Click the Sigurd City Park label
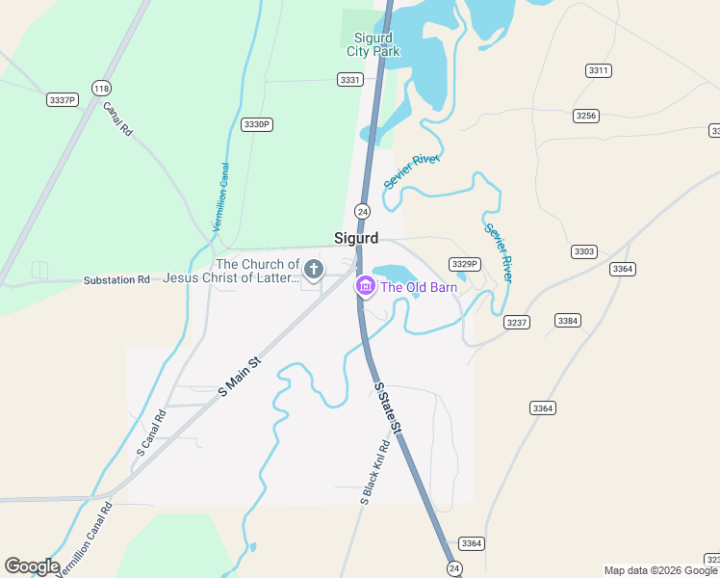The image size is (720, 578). [x=373, y=44]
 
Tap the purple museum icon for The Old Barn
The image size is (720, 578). [x=365, y=286]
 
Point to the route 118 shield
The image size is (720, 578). [x=101, y=88]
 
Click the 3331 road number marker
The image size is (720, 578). [x=350, y=80]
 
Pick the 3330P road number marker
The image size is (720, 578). [x=257, y=124]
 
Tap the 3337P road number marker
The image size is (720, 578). [x=62, y=99]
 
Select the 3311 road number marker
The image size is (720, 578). [x=598, y=70]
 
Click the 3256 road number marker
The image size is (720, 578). [x=585, y=116]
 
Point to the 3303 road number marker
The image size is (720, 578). [x=583, y=251]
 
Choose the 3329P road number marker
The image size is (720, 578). [x=464, y=264]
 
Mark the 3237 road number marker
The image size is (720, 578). [x=517, y=322]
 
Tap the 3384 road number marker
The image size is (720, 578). [x=568, y=320]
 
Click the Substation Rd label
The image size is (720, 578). [x=116, y=279]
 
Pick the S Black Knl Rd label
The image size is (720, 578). [x=374, y=473]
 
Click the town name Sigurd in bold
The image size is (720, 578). [x=356, y=238]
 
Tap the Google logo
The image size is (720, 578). [x=32, y=566]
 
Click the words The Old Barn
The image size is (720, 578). [x=419, y=287]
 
